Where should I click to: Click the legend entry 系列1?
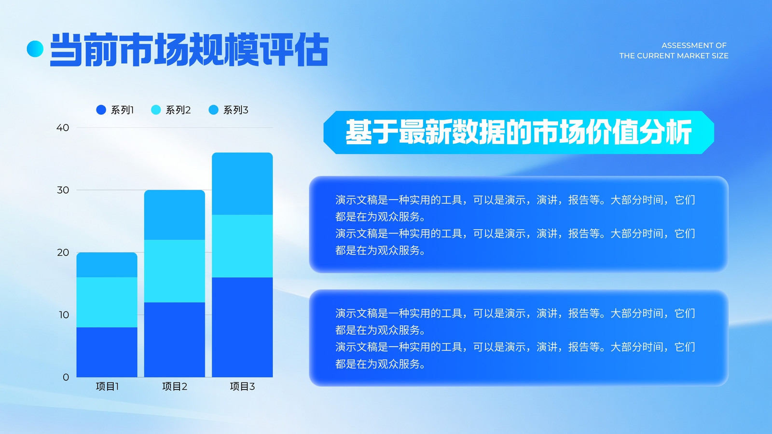(115, 110)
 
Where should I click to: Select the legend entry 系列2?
(171, 110)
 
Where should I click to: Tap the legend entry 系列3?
(229, 110)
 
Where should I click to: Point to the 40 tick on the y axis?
(63, 128)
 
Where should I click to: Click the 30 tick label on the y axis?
(63, 190)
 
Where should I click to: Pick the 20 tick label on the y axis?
(63, 253)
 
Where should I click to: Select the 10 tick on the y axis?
(64, 315)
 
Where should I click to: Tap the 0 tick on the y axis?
(66, 377)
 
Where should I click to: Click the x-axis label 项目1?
(107, 386)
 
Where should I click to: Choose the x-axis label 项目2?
(175, 386)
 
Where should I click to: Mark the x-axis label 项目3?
(242, 386)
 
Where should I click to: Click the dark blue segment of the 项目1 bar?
(107, 352)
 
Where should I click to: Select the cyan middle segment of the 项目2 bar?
(174, 271)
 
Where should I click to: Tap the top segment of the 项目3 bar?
(242, 184)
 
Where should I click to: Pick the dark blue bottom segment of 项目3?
(242, 327)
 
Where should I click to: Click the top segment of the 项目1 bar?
(107, 265)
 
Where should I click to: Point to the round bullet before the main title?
(35, 49)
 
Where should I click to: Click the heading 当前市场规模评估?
(189, 49)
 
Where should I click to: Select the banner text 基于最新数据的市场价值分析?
(519, 132)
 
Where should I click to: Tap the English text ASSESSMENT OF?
(694, 45)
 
